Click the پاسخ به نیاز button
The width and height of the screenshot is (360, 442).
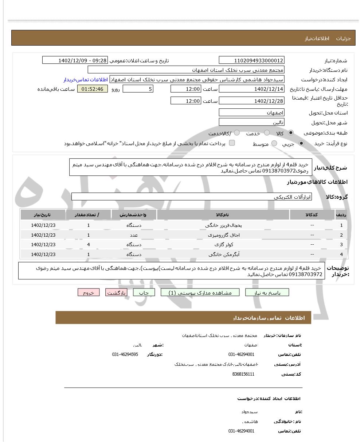[x=267, y=292]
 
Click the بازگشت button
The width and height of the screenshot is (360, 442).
[x=116, y=292]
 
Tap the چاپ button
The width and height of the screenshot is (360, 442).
[x=144, y=292]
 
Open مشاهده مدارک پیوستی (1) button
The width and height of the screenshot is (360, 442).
[x=200, y=292]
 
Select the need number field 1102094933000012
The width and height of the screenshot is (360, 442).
[x=251, y=61]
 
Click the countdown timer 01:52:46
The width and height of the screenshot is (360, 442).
[x=93, y=89]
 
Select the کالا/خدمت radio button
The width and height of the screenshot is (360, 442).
[x=237, y=133]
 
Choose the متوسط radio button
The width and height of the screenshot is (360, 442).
[x=274, y=144]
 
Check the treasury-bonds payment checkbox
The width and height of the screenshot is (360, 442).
[x=232, y=143]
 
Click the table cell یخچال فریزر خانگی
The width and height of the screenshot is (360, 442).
[x=223, y=225]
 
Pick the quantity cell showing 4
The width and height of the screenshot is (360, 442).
[x=89, y=244]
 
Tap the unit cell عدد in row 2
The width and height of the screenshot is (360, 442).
[x=134, y=235]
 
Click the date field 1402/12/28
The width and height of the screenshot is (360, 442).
[x=251, y=101]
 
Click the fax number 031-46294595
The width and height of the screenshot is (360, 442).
[x=125, y=354]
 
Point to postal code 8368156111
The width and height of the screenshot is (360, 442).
[x=243, y=374]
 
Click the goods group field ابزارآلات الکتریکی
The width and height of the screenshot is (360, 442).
[x=192, y=197]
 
